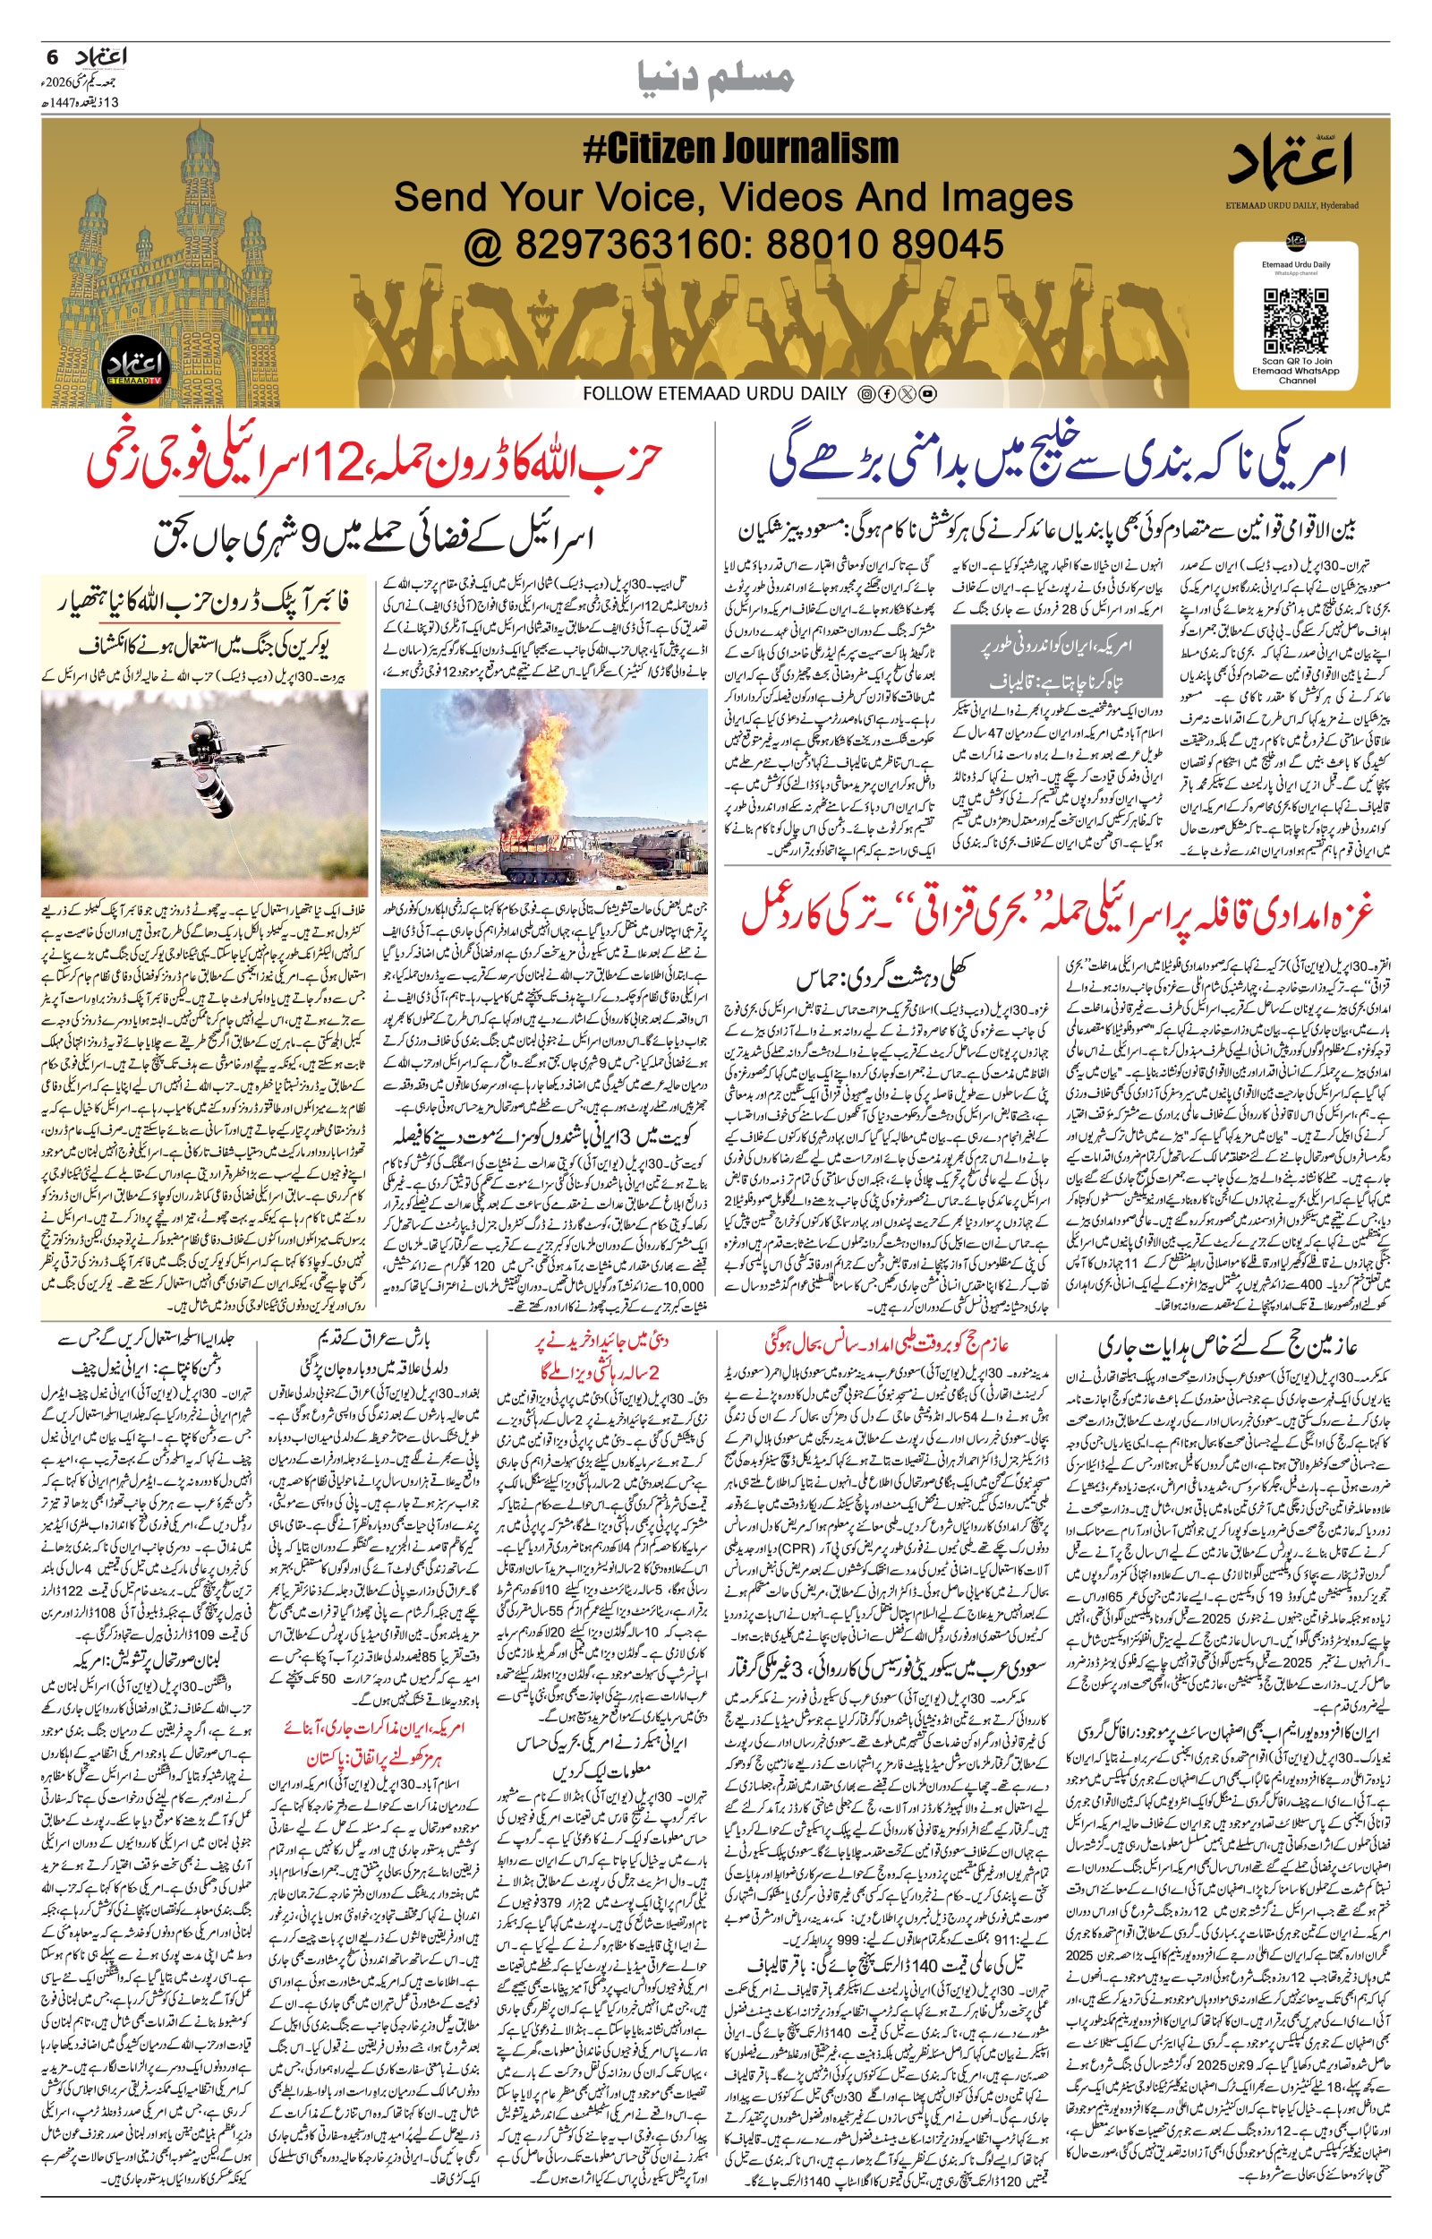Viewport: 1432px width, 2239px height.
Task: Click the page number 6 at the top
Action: coord(52,56)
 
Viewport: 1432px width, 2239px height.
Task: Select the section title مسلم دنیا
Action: coord(715,77)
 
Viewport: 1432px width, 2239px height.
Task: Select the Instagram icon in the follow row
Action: coord(866,394)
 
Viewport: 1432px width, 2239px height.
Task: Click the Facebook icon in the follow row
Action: coord(887,394)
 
